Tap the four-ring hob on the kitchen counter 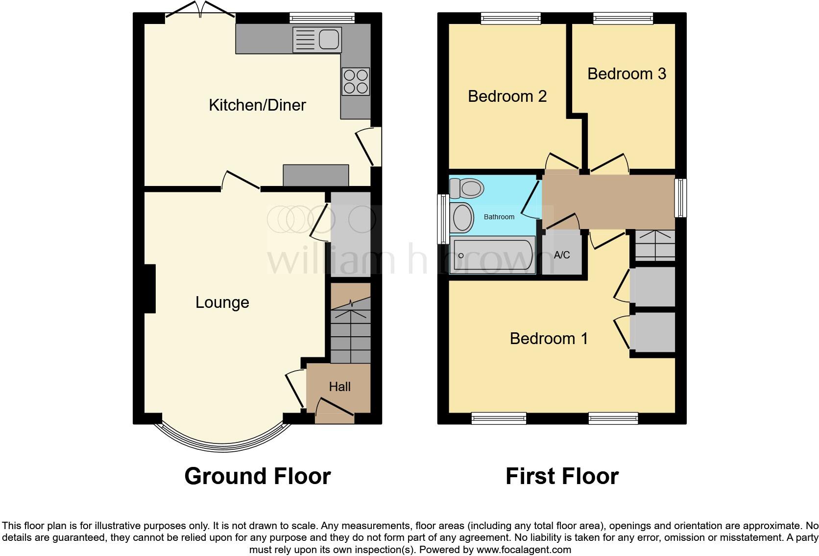point(356,82)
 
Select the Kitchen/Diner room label point(257,105)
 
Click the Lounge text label point(222,302)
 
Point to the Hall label point(339,387)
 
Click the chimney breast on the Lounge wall point(149,288)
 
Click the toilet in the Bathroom point(468,188)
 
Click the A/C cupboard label point(562,255)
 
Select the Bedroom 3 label point(626,74)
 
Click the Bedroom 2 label point(507,96)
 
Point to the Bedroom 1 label point(549,339)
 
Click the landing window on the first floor point(680,198)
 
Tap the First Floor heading point(562,476)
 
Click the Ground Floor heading point(257,476)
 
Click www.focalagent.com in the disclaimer point(524,550)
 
